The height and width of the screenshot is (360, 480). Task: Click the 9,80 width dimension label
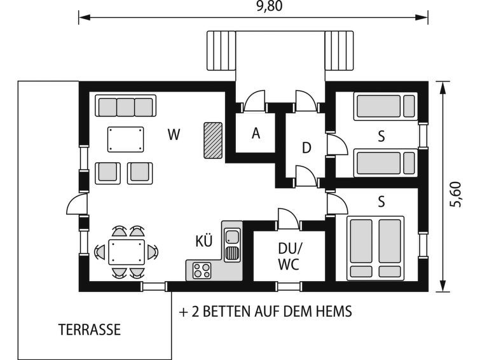pos(270,6)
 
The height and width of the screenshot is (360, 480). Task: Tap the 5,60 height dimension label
pos(456,194)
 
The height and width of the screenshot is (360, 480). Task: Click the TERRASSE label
pos(90,329)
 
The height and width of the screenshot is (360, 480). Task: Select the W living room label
pos(174,134)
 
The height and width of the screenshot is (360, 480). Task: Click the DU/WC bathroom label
pos(289,256)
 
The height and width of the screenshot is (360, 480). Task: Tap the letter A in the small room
pos(256,134)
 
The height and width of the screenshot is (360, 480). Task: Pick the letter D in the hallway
pos(306,148)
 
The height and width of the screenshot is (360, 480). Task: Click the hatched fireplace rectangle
pos(213,141)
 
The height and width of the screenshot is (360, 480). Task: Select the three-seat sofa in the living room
pos(125,106)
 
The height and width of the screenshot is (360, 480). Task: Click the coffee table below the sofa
pos(125,139)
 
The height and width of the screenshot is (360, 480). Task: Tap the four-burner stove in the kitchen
pos(202,271)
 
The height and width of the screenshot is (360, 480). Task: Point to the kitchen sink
pos(232,245)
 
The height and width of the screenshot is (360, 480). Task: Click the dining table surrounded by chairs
pos(127,252)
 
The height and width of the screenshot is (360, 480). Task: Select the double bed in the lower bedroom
pos(375,249)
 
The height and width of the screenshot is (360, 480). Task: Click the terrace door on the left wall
pos(78,204)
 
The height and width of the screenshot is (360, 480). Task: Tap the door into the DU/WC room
pos(289,219)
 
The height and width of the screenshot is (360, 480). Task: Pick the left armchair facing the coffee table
pos(107,173)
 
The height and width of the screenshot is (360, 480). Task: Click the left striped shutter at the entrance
pos(221,50)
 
